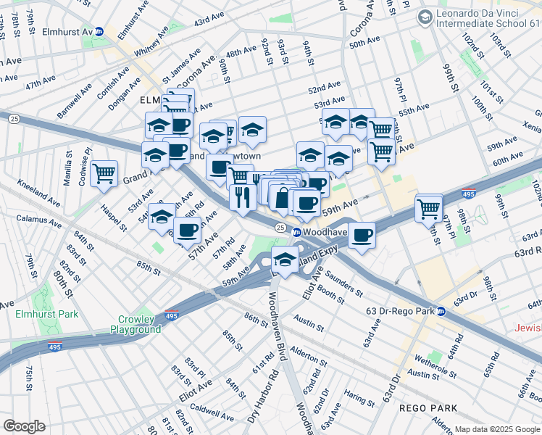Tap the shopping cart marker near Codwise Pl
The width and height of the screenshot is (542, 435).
(x=104, y=173)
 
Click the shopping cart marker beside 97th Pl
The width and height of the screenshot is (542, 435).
(x=429, y=209)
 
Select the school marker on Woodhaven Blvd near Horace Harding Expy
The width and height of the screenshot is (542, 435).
(x=285, y=260)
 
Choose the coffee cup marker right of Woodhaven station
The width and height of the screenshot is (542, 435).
(x=362, y=234)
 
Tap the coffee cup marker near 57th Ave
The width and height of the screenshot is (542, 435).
(x=188, y=230)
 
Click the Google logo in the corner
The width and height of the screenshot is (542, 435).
(x=24, y=426)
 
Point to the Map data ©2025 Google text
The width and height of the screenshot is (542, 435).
(x=497, y=429)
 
